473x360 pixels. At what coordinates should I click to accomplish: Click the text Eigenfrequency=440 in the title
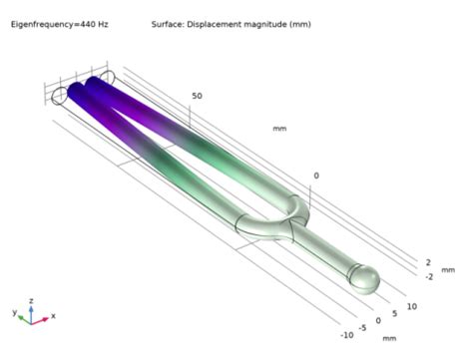pyautogui.click(x=48, y=23)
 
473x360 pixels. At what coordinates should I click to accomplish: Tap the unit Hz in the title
pyautogui.click(x=97, y=23)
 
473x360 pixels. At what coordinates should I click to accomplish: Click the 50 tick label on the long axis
pyautogui.click(x=197, y=97)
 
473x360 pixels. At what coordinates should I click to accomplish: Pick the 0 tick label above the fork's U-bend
pyautogui.click(x=316, y=176)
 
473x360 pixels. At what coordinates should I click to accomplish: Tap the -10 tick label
pyautogui.click(x=346, y=335)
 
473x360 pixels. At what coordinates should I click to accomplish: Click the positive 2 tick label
pyautogui.click(x=427, y=261)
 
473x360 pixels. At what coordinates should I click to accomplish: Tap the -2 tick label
pyautogui.click(x=428, y=276)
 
